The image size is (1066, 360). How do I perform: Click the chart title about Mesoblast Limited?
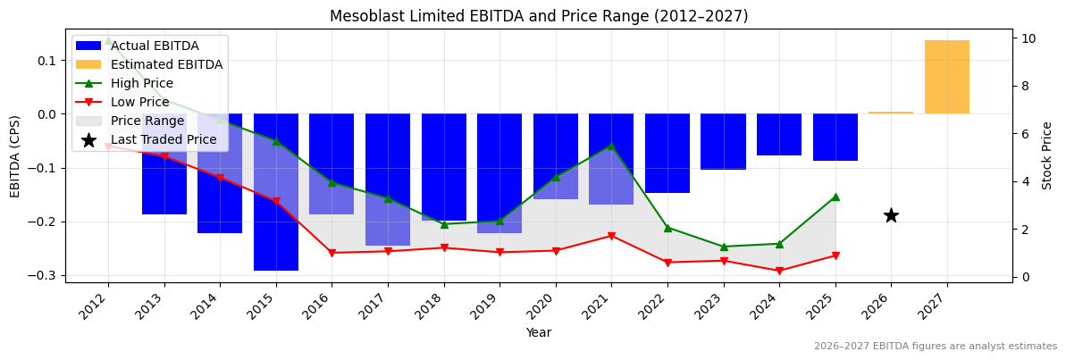[x=539, y=16]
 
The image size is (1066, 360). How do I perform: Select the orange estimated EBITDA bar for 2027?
[x=946, y=78]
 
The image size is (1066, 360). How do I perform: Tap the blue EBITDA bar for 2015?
[x=276, y=191]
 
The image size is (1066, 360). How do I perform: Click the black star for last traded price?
[x=891, y=215]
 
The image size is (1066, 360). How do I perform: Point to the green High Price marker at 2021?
[x=611, y=146]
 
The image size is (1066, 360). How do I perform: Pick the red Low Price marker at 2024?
[x=779, y=271]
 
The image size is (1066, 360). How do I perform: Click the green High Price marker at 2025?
[x=835, y=197]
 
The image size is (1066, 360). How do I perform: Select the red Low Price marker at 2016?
[x=332, y=253]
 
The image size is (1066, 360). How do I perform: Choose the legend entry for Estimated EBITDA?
[x=166, y=64]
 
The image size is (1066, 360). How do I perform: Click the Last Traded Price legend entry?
[x=164, y=139]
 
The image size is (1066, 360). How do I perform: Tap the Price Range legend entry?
[x=147, y=121]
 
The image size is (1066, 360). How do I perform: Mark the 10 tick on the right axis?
[x=1029, y=38]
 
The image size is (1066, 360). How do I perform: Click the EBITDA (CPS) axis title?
[x=15, y=155]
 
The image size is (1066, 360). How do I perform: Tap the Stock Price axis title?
[x=1047, y=155]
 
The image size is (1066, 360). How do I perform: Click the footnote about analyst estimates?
[x=935, y=347]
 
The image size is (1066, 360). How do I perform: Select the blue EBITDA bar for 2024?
[x=779, y=135]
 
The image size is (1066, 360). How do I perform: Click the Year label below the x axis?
[x=539, y=332]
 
